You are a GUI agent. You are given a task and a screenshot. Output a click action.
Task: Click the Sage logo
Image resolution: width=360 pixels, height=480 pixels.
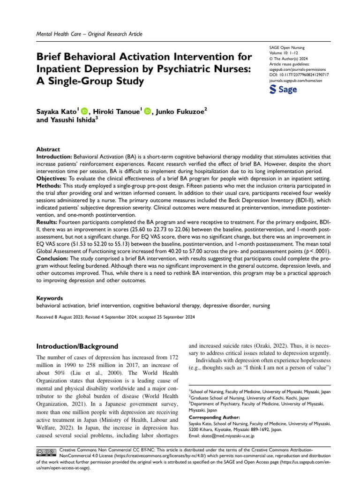pyautogui.click(x=284, y=90)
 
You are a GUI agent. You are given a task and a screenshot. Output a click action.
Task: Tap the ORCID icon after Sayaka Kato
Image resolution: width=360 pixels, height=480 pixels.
pyautogui.click(x=84, y=111)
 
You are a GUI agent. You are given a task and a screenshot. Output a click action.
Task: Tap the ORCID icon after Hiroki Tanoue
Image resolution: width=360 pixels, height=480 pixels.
pyautogui.click(x=148, y=111)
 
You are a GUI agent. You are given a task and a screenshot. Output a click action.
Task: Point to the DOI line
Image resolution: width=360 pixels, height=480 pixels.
pyautogui.click(x=299, y=75)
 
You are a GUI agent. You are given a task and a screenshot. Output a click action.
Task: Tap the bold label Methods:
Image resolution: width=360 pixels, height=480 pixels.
pyautogui.click(x=50, y=186)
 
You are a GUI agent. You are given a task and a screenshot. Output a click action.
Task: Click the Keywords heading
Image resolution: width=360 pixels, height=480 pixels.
pyautogui.click(x=50, y=298)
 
